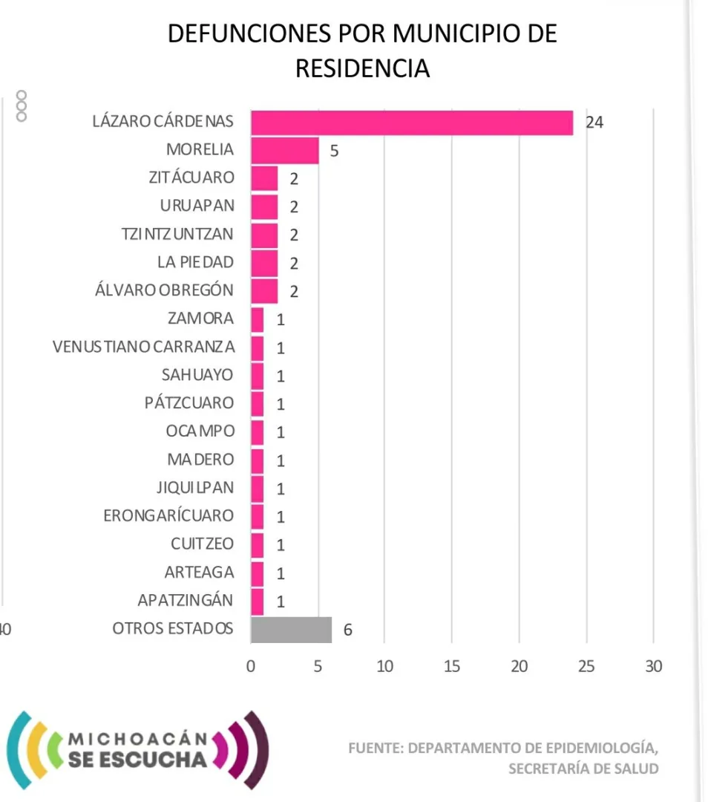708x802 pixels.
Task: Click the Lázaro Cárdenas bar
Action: point(412,123)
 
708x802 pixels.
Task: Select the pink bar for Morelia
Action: point(285,150)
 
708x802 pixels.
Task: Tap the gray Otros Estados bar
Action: point(291,629)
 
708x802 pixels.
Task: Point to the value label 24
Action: point(594,123)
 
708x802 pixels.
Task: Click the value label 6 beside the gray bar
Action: point(347,630)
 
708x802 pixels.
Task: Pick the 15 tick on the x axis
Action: point(451,667)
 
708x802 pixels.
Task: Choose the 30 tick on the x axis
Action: point(653,667)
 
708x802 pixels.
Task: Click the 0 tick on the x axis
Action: point(251,667)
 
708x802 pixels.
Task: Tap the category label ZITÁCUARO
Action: point(191,177)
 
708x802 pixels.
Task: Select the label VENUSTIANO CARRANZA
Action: point(144,347)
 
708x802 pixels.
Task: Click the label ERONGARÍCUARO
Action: point(168,515)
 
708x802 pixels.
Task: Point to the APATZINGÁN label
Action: point(186,600)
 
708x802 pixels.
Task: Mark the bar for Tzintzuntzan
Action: point(264,235)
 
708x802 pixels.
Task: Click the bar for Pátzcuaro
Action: point(258,403)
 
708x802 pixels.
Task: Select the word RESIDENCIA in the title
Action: point(362,68)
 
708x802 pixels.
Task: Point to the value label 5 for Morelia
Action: point(334,151)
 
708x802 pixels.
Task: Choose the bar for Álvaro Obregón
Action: point(264,290)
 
